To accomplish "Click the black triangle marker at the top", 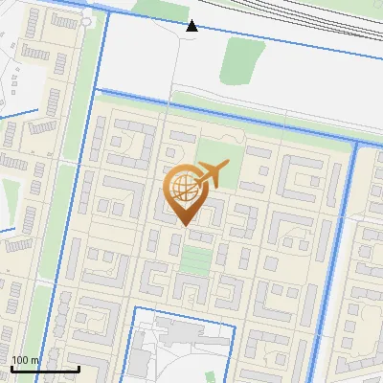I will click(x=192, y=26).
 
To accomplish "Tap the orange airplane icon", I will click(x=212, y=174).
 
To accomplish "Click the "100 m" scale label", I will click(x=25, y=360).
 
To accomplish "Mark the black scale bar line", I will click(x=45, y=369).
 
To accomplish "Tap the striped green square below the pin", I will click(x=194, y=259).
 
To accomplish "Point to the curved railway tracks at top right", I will click(x=326, y=19).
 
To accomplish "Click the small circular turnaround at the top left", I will click(x=88, y=20).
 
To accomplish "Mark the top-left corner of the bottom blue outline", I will click(x=132, y=308).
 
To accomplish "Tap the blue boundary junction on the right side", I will click(x=355, y=145).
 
